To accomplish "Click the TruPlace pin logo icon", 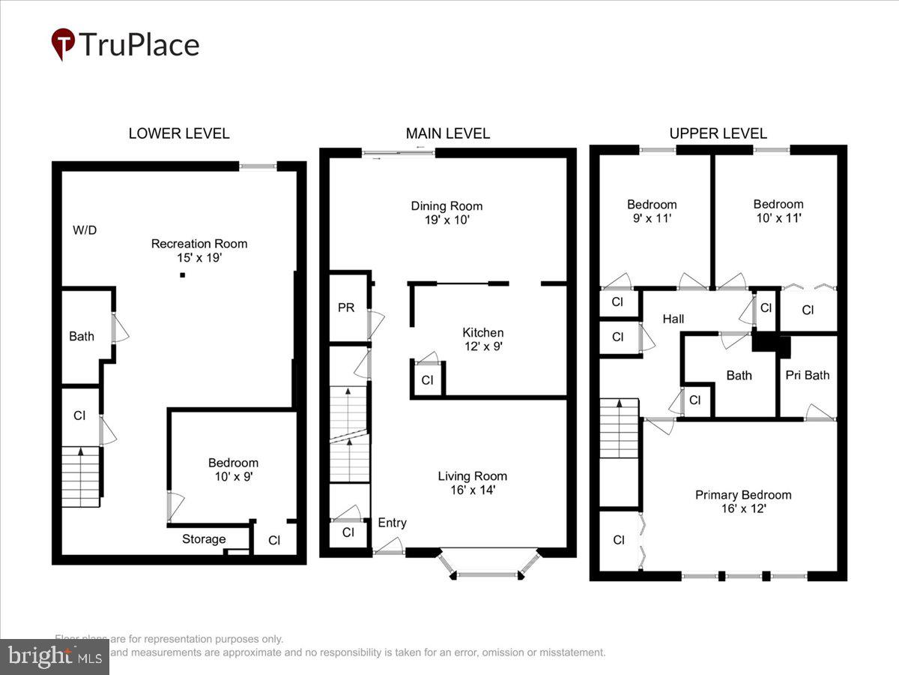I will (63, 44).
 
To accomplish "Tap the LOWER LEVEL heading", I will (179, 133).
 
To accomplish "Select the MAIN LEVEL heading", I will (448, 133).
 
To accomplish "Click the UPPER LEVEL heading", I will (718, 133).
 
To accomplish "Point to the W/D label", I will (85, 230).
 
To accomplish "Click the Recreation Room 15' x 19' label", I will (199, 250).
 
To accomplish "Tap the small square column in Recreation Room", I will (182, 275).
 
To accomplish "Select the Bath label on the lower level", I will (82, 336).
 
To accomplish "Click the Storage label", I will (204, 538).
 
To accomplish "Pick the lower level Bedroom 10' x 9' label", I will (233, 469).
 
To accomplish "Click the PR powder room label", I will (346, 307).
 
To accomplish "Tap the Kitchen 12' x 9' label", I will (482, 339).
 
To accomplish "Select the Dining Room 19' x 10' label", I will (447, 213).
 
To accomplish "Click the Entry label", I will (392, 523).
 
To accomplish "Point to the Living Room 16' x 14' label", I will (473, 483).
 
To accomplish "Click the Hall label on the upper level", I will (673, 319).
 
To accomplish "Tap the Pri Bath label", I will (807, 375).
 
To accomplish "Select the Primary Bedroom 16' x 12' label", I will (743, 501).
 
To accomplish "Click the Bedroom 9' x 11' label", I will (652, 211).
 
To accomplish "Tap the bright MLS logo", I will (54, 657).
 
